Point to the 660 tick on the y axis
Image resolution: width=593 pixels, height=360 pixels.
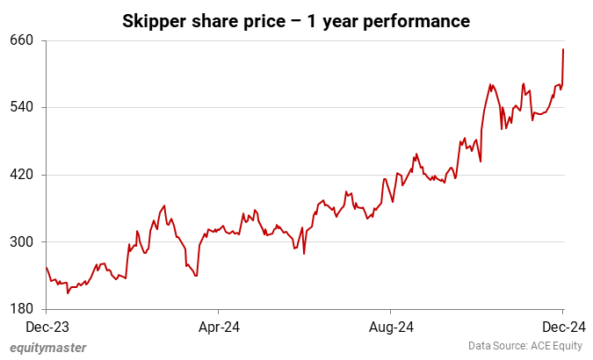coord(22,40)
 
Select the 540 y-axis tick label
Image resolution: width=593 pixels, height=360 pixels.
coord(22,107)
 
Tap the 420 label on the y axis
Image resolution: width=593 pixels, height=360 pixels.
coord(22,175)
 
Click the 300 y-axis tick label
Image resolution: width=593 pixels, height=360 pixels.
coord(22,241)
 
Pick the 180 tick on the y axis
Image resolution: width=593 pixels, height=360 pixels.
coord(22,309)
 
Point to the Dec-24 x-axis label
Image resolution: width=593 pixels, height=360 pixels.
coord(562,327)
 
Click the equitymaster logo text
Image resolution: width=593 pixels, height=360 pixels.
coord(48,348)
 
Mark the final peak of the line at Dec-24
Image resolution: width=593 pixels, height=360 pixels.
coord(562,49)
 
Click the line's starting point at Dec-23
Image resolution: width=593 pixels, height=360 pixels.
coord(46,268)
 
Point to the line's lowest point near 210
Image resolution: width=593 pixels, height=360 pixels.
coord(67,292)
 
